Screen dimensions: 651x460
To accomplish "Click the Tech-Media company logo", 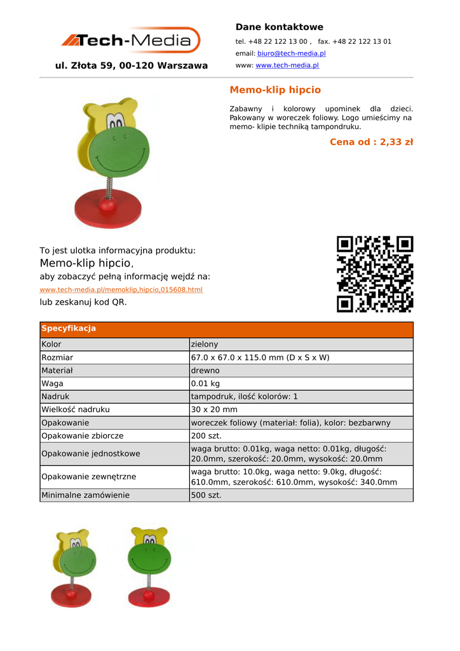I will (x=131, y=41).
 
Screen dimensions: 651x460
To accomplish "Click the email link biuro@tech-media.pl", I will (x=291, y=53).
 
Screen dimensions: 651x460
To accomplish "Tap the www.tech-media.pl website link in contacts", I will (x=287, y=65).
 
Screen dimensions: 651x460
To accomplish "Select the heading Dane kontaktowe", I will (x=280, y=27).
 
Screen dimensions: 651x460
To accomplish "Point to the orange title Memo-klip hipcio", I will (x=275, y=90).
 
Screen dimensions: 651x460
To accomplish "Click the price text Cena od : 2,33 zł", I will (x=371, y=142).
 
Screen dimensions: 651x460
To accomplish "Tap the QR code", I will (x=375, y=274).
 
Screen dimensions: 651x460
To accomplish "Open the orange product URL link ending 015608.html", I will (x=121, y=290).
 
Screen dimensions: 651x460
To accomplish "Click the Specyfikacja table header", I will (x=69, y=329).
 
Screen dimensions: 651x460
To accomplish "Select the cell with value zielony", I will (x=205, y=344).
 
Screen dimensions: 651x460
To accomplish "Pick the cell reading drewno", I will (x=205, y=370).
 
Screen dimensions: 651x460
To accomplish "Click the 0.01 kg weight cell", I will (x=205, y=383).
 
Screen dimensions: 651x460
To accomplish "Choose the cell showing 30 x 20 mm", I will (x=214, y=409).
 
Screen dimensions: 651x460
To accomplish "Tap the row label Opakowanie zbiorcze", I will (x=83, y=435).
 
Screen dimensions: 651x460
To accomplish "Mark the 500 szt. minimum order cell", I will (x=206, y=495).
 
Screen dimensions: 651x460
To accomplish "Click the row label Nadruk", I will (x=55, y=396).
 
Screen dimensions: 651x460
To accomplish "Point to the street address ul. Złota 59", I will (x=132, y=65).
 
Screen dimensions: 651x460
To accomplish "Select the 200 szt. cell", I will (x=206, y=435).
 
